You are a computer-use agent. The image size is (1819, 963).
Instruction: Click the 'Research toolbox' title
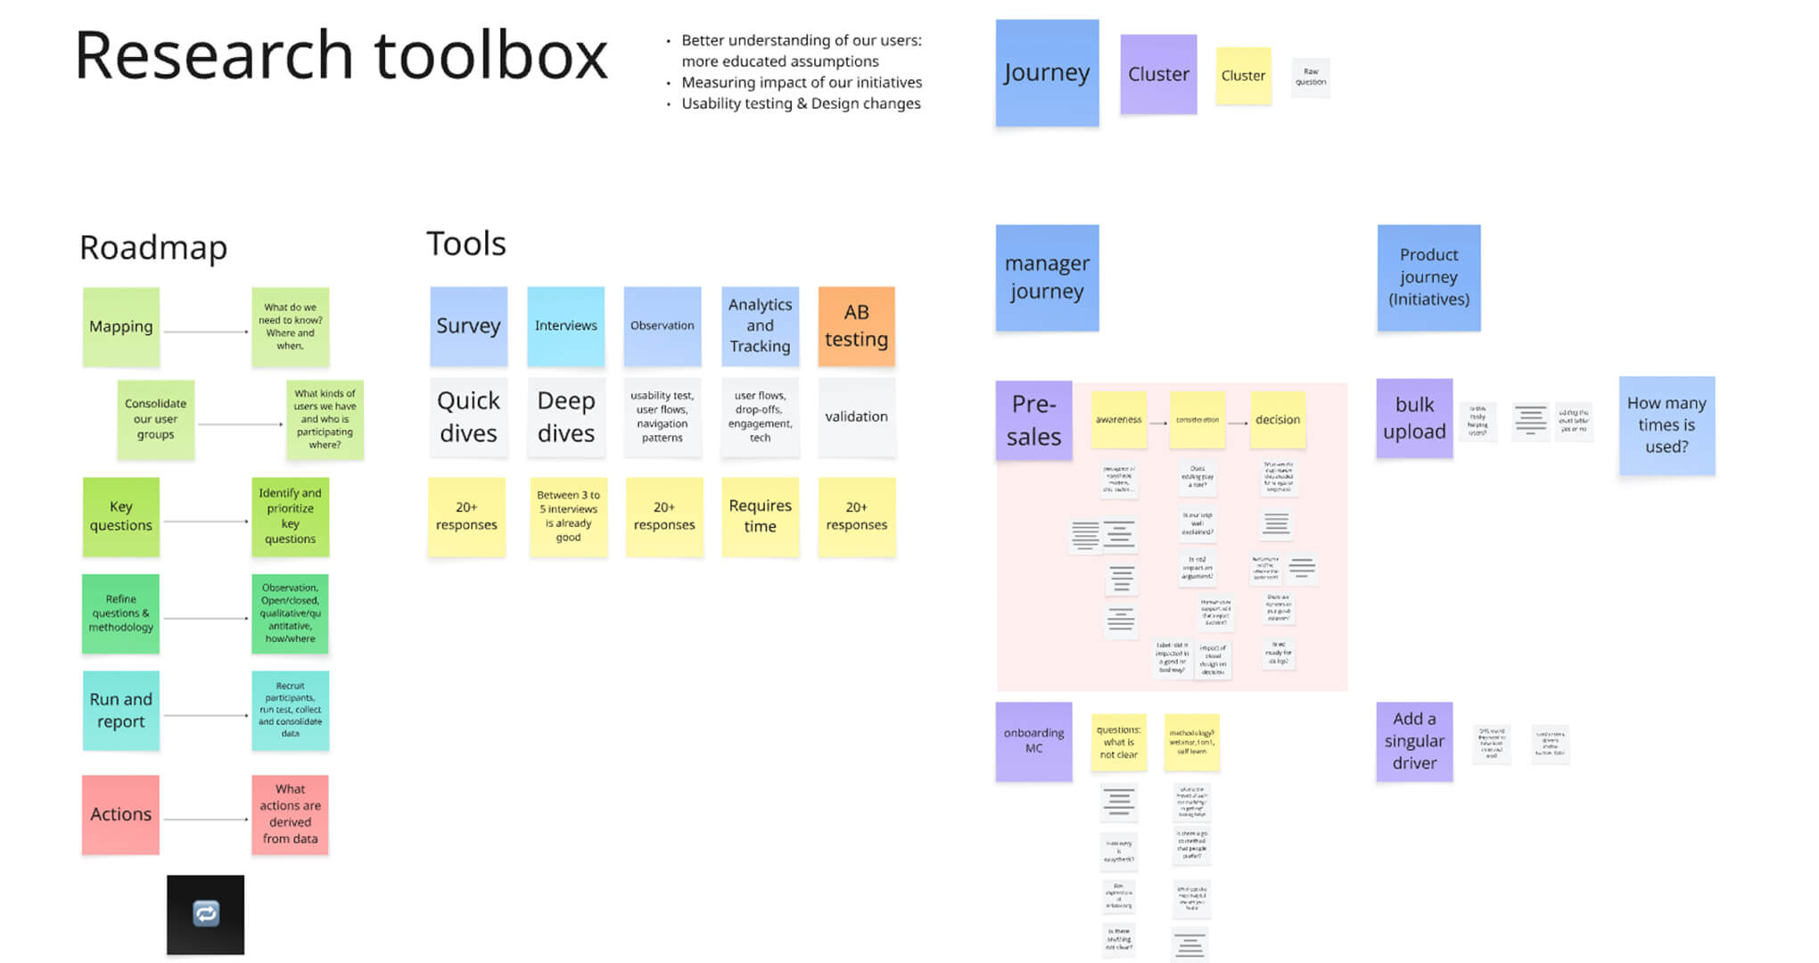(x=341, y=56)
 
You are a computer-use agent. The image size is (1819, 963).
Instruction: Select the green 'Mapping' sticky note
(x=121, y=326)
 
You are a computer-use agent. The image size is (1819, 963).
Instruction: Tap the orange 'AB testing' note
(x=856, y=325)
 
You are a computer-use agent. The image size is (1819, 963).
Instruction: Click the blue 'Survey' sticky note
(x=468, y=325)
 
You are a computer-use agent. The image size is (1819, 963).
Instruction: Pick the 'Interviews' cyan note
(x=565, y=325)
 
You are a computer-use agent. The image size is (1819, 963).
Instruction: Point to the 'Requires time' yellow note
(x=760, y=516)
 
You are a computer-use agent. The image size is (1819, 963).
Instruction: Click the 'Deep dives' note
(x=565, y=416)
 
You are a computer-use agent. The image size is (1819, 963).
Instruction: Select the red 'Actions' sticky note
(x=121, y=814)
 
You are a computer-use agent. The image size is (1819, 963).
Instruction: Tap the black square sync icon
(x=205, y=914)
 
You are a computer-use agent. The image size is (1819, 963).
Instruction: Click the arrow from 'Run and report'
(x=206, y=715)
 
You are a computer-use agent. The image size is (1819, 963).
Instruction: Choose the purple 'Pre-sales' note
(x=1033, y=420)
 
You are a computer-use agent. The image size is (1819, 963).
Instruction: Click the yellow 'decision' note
(x=1277, y=419)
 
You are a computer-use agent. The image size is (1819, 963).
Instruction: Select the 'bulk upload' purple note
(x=1414, y=418)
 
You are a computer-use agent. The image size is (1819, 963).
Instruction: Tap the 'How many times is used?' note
(x=1666, y=425)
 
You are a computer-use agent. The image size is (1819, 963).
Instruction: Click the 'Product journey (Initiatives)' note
(x=1428, y=277)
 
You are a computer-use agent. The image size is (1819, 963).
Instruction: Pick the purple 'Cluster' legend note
(x=1158, y=74)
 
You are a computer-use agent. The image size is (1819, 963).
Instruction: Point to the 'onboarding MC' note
(x=1033, y=741)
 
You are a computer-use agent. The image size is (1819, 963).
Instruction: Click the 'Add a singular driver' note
(x=1414, y=741)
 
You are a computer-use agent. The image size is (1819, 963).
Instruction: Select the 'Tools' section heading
(x=465, y=243)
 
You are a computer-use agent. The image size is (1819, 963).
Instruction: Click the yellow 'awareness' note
(x=1118, y=419)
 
